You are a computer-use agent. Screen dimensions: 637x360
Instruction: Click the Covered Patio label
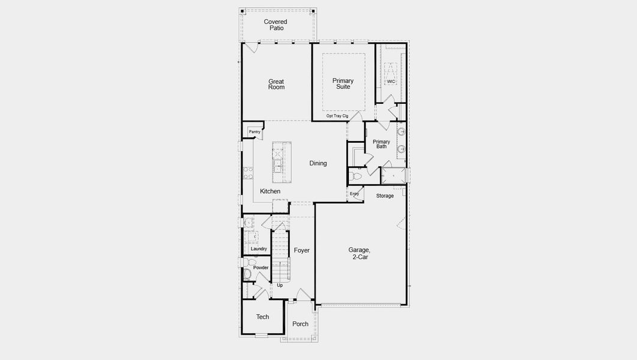tap(276, 25)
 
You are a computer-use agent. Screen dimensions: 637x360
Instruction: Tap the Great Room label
tap(276, 85)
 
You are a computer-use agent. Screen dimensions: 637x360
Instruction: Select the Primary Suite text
tap(343, 83)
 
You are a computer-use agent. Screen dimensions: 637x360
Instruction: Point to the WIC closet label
tap(391, 82)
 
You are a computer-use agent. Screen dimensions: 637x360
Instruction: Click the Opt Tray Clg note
tap(337, 116)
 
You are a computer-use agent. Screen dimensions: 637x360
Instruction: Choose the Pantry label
tap(255, 132)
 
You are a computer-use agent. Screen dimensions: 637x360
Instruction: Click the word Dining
tap(318, 163)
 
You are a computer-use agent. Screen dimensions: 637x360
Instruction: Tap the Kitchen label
tap(270, 191)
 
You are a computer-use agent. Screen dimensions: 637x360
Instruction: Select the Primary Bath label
tap(381, 144)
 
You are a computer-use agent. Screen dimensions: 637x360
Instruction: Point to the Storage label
tap(385, 196)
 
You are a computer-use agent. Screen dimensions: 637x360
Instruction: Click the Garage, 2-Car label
tap(359, 253)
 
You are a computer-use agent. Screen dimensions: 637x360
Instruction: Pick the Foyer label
tap(302, 250)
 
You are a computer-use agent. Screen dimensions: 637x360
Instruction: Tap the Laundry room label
tap(259, 249)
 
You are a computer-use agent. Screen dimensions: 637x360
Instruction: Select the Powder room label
tap(261, 268)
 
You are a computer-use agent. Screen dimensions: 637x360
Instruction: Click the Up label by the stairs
tap(280, 286)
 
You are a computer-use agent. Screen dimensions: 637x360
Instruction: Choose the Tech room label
tap(262, 317)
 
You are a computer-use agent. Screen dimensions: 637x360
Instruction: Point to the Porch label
tap(300, 324)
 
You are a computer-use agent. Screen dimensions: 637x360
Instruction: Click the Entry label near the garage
tap(354, 194)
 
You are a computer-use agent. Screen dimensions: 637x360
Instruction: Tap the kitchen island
tap(282, 163)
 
